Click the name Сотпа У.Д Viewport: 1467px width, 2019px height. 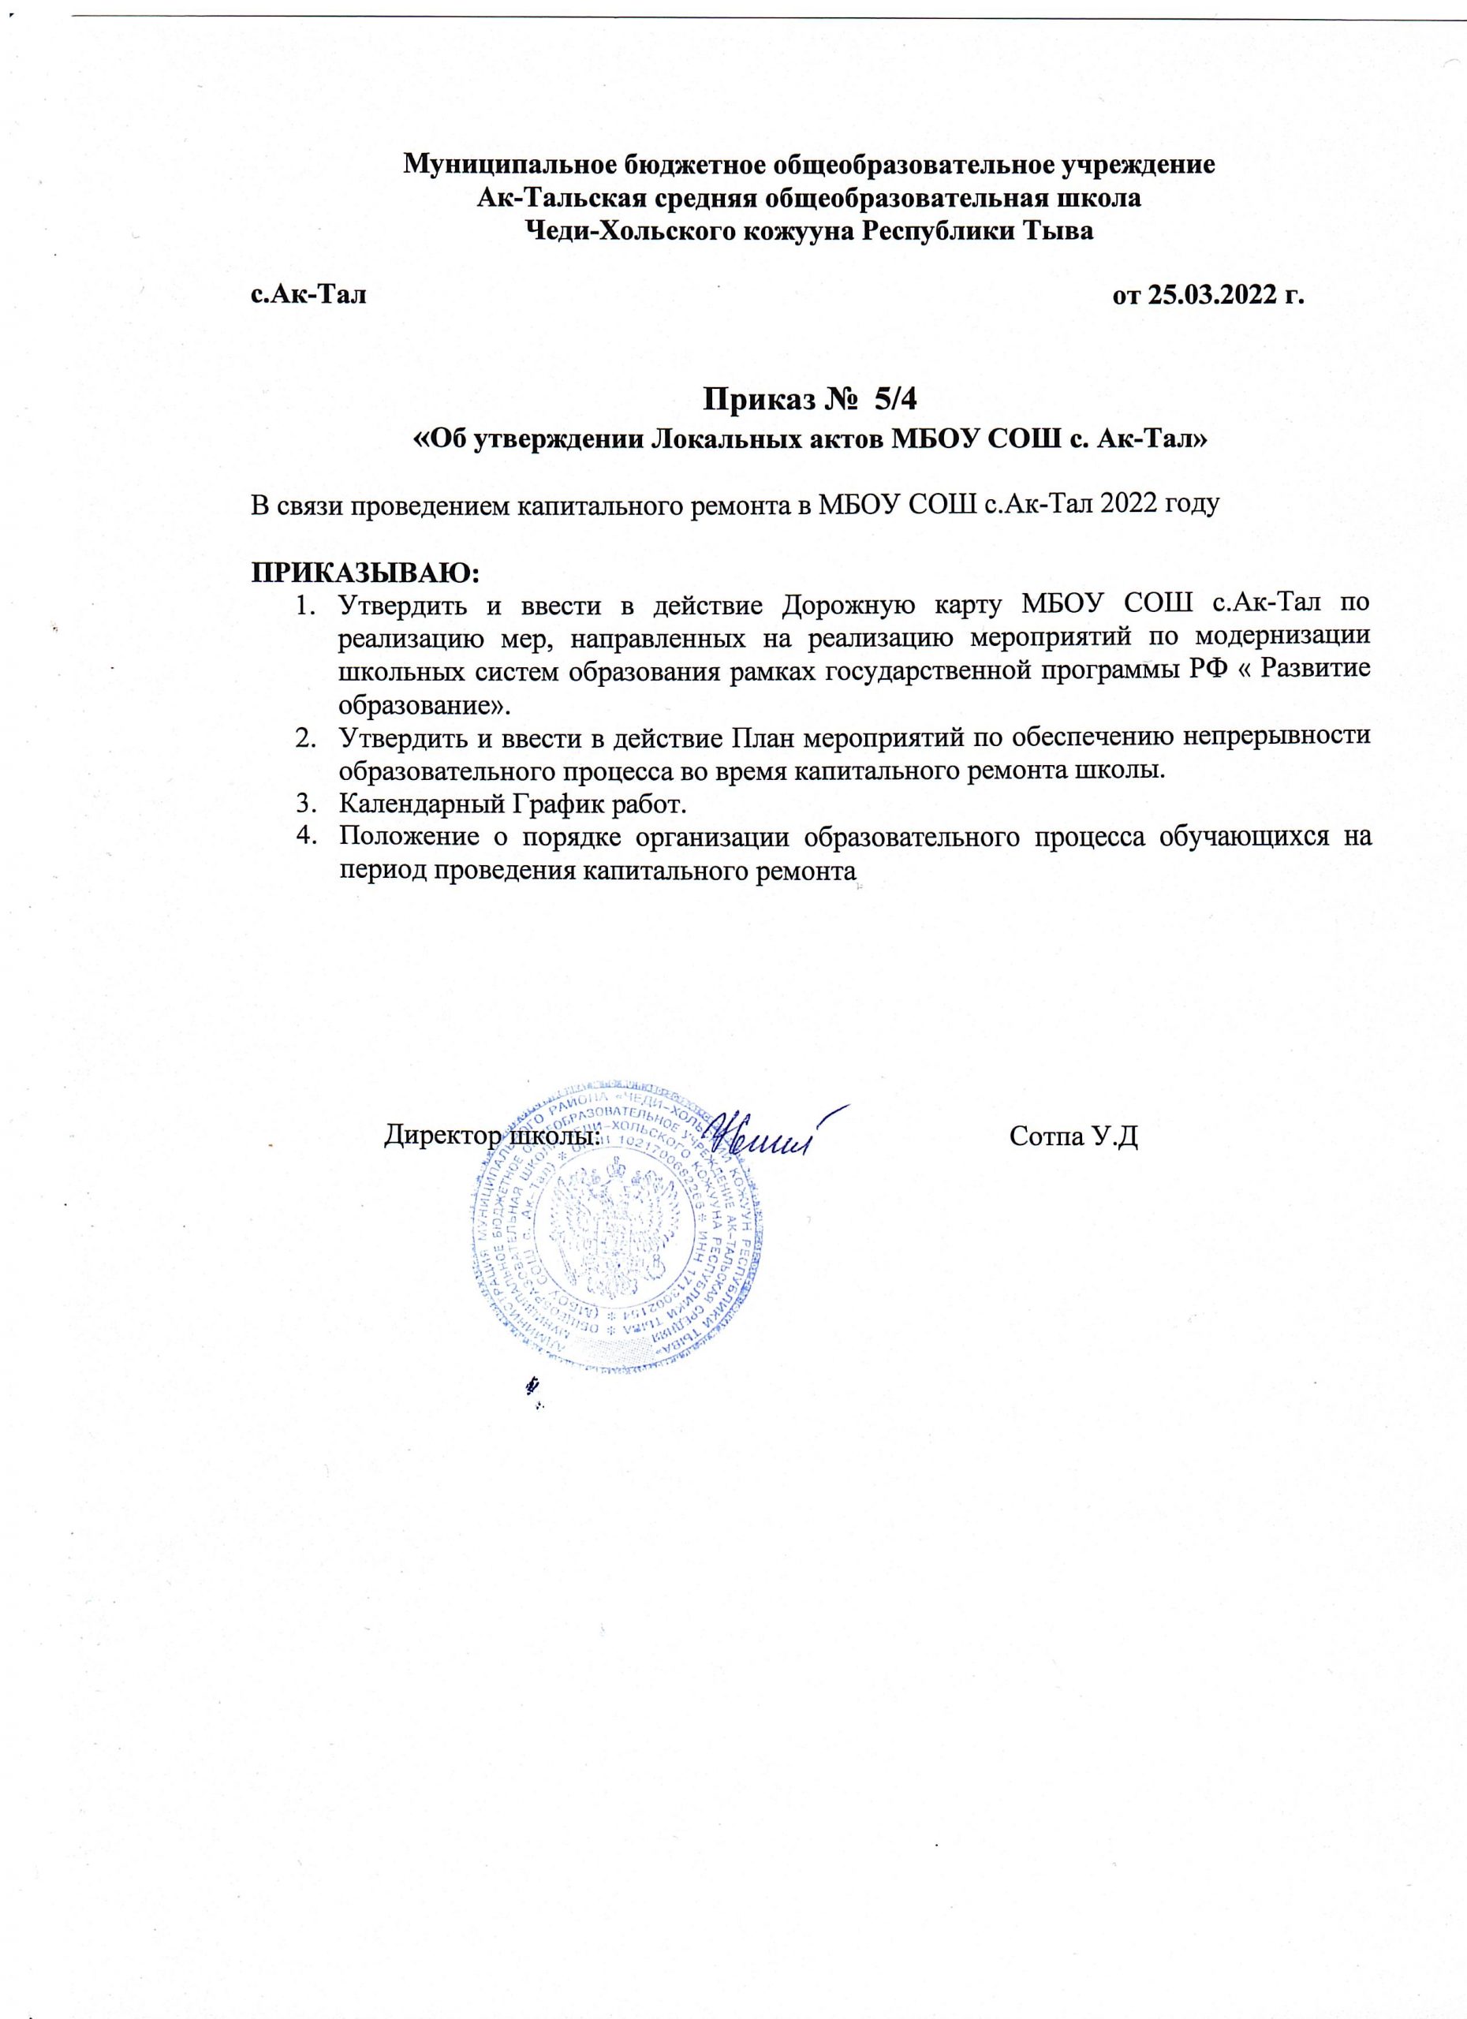1074,1136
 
